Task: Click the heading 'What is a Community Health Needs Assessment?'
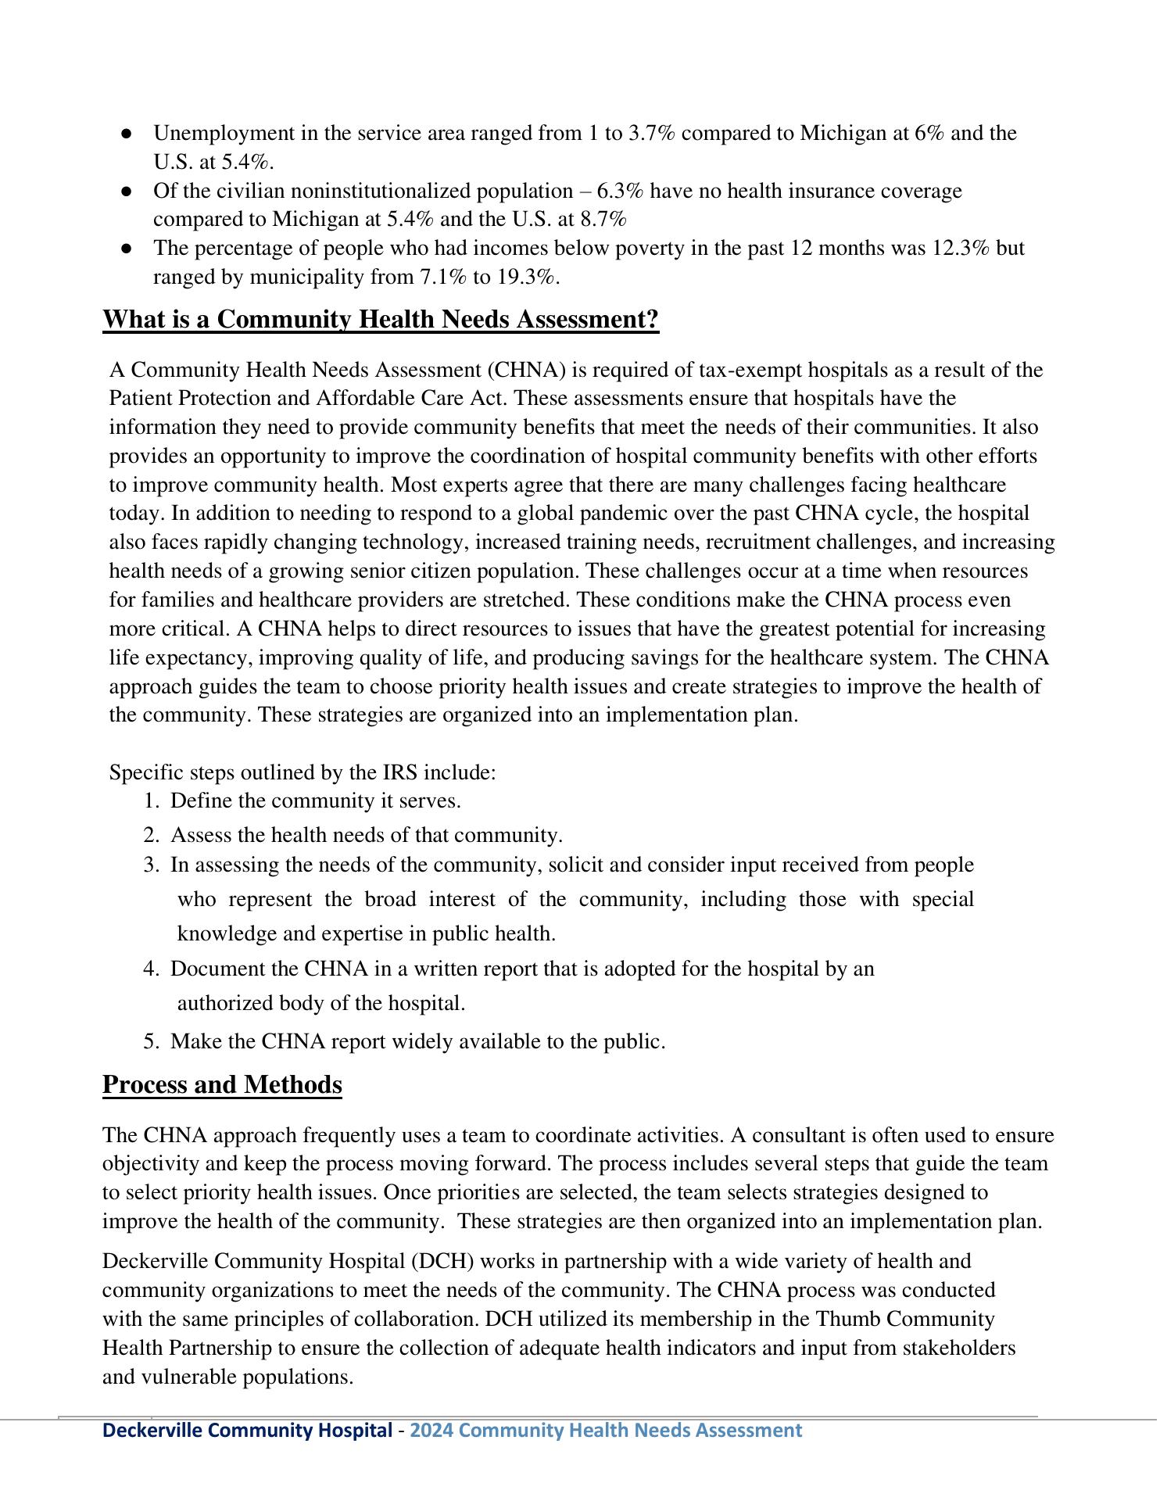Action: coord(381,320)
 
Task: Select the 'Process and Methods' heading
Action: coord(222,1085)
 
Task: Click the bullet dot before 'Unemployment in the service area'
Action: coord(126,134)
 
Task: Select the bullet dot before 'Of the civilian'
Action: coord(126,192)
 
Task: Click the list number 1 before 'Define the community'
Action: coord(150,801)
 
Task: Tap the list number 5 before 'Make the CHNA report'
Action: coord(150,1042)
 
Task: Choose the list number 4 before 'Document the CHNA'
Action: coord(150,969)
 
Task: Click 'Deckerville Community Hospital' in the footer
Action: coord(247,1431)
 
